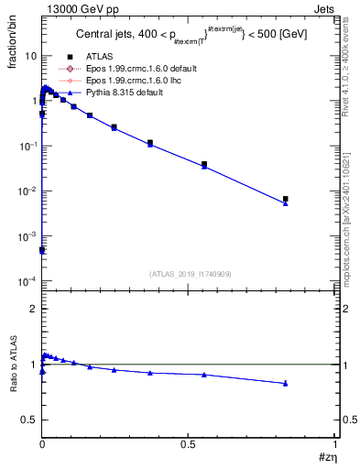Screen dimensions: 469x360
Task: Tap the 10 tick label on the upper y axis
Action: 30,56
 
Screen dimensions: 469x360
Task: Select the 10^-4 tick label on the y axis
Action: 27,280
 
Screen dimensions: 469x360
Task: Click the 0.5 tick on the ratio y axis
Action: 28,420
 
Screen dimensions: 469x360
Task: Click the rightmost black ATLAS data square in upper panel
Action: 286,199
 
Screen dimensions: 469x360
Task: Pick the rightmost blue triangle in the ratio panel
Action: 286,384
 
